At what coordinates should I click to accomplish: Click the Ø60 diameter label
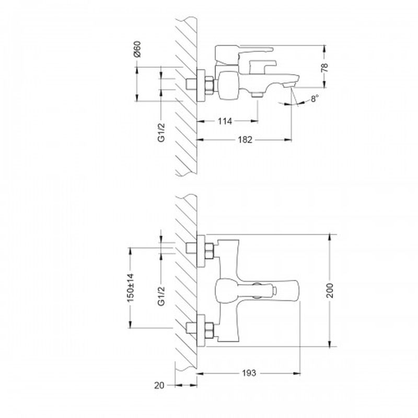137,49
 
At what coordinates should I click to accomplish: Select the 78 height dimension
324,67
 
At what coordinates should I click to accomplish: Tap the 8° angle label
315,99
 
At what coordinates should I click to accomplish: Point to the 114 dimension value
225,121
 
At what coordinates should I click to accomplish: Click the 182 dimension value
245,140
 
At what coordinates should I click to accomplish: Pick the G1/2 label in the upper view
161,133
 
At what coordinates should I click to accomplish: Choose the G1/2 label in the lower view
161,296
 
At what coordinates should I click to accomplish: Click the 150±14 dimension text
130,288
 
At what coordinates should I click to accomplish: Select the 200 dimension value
330,291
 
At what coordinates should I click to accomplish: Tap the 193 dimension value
249,373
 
